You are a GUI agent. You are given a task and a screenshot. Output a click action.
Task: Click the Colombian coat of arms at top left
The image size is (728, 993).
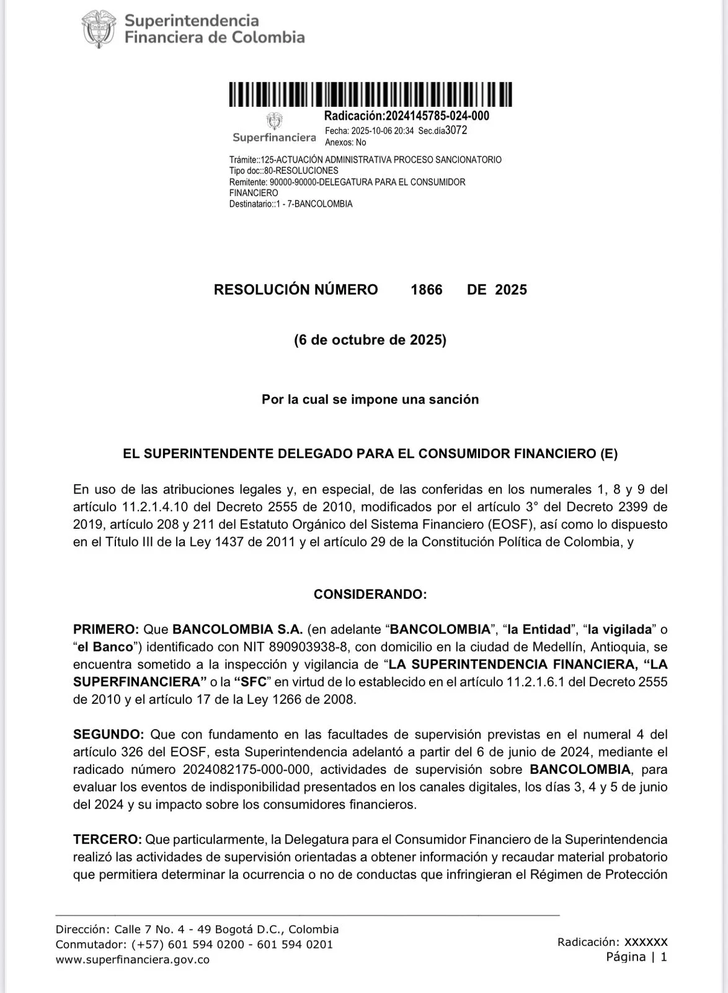(x=99, y=29)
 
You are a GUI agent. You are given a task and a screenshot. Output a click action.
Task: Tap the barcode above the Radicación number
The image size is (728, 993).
(x=370, y=95)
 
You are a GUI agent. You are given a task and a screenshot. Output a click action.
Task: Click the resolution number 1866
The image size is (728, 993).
(x=427, y=290)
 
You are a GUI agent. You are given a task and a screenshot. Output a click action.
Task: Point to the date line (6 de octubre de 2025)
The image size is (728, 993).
(x=370, y=340)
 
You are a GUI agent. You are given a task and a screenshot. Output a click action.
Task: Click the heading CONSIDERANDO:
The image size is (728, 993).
(x=370, y=595)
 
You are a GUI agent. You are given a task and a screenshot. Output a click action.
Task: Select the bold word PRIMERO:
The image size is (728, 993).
(x=106, y=629)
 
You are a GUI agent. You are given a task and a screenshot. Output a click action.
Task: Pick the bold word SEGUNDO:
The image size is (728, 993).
(x=109, y=735)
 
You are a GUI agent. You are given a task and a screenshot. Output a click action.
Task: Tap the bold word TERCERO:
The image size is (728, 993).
(x=107, y=840)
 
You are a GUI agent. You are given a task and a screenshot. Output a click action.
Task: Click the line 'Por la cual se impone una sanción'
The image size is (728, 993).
(x=370, y=400)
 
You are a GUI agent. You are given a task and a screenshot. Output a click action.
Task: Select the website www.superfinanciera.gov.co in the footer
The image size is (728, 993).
(x=132, y=960)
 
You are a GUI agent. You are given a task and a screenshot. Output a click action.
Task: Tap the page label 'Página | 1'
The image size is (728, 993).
(x=636, y=957)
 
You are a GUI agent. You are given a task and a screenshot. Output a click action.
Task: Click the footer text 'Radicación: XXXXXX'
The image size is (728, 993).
(x=612, y=942)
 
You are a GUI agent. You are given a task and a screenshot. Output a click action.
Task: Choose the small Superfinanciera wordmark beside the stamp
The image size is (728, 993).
(x=274, y=137)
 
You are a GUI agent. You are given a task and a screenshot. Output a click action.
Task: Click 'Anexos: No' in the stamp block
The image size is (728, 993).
(x=345, y=143)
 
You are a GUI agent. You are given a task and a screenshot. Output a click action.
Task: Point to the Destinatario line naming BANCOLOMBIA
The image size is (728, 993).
(x=291, y=204)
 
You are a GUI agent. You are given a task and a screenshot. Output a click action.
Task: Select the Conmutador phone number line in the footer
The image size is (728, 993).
(x=194, y=945)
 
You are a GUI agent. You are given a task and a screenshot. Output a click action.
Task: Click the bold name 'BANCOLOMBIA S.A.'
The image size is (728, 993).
(x=237, y=629)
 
